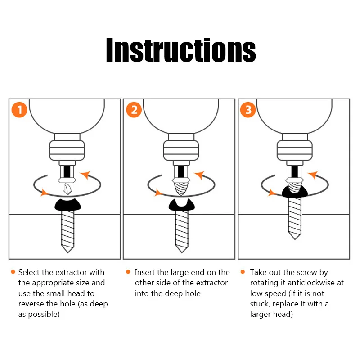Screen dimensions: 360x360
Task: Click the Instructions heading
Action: coord(181,50)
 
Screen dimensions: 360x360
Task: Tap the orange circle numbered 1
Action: coord(19,110)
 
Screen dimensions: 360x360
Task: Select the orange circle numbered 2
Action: coord(134,110)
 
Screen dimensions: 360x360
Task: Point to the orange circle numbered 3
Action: coord(248,110)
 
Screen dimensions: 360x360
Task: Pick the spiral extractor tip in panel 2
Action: coord(181,189)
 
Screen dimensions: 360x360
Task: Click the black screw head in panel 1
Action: coord(68,205)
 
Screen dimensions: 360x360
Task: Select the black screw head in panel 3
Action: coord(295,193)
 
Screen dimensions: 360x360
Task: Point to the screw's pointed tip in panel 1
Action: coord(68,252)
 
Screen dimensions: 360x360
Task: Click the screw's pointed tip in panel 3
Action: coord(295,239)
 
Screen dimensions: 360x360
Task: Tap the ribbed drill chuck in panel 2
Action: coord(181,150)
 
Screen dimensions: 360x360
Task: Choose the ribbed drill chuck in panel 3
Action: coord(295,150)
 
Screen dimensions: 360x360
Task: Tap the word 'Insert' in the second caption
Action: coord(144,272)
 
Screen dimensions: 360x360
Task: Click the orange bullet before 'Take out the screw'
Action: coord(243,272)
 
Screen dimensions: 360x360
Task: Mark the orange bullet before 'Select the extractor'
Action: coord(13,272)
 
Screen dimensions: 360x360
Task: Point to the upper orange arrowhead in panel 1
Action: coord(85,175)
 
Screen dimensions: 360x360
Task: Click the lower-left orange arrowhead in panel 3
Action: coord(272,193)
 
